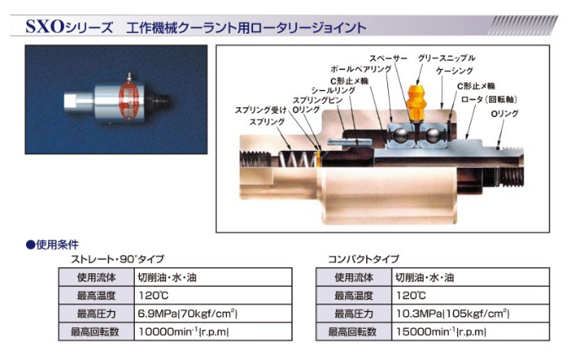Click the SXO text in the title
coord(45,26)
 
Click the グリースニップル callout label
coord(446,58)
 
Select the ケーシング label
coord(455,71)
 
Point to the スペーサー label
coord(388,58)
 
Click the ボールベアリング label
coord(361,69)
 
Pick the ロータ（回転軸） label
coord(489,99)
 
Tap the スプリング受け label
coord(261,110)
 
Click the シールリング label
coord(333,90)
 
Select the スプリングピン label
coord(317,100)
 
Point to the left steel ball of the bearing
coord(399,135)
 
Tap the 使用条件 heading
coord(52,245)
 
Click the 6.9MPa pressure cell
coord(213,314)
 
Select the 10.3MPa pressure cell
coord(471,314)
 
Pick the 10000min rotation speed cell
coord(213,331)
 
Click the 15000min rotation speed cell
coord(471,331)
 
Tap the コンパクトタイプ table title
coord(364,259)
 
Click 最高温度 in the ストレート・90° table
coord(96,296)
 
